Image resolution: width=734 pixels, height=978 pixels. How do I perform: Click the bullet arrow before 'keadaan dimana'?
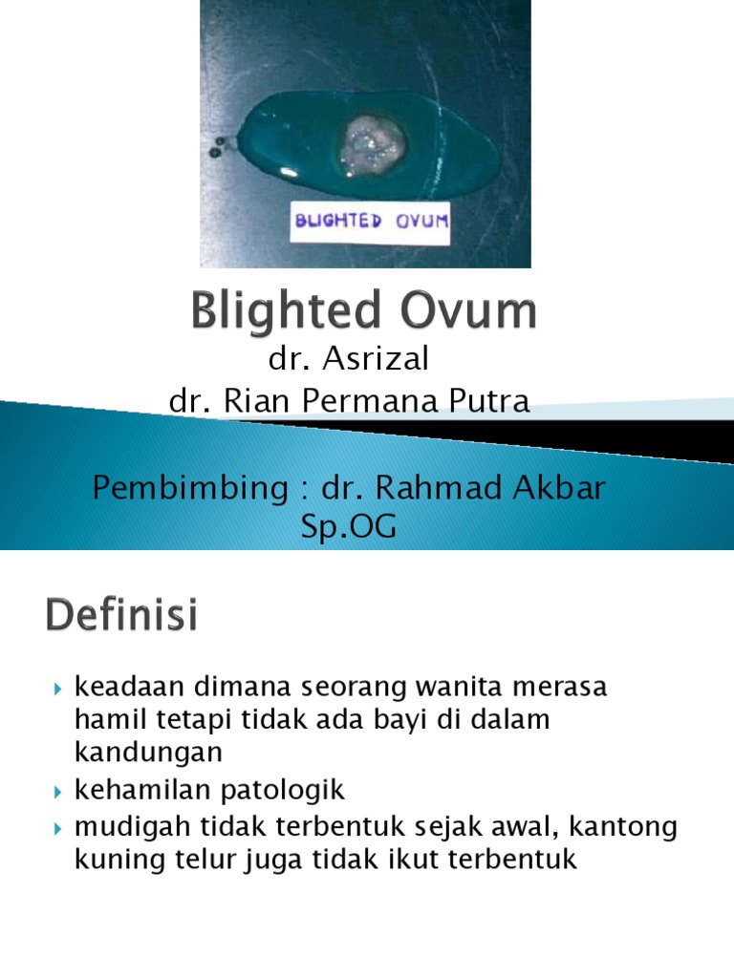pyautogui.click(x=58, y=688)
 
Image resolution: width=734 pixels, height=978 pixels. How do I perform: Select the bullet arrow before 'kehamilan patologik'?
pyautogui.click(x=58, y=791)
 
